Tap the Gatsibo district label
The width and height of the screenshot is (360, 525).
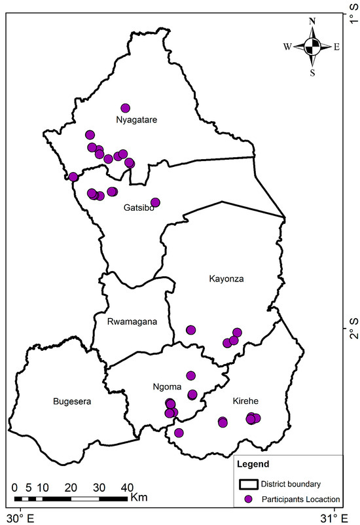click(138, 208)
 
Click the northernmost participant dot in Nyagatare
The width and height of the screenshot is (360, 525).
click(126, 108)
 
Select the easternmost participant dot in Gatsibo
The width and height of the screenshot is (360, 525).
click(155, 202)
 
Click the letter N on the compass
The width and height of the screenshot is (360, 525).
click(312, 21)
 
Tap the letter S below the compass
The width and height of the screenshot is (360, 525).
click(312, 72)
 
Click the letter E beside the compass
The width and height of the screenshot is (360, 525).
click(336, 46)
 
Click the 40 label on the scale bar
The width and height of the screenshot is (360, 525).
click(127, 488)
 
